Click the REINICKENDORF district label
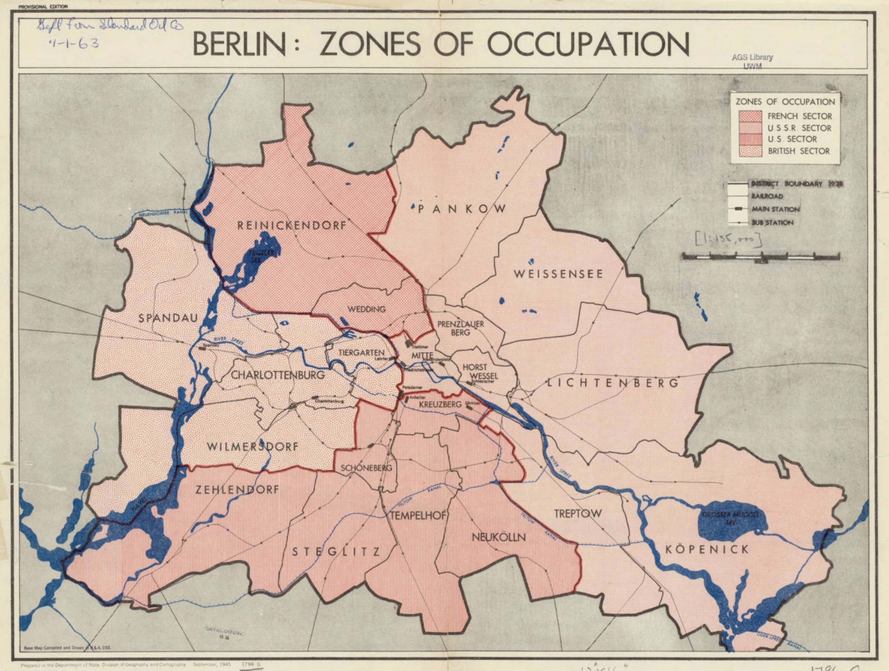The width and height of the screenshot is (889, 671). (x=291, y=225)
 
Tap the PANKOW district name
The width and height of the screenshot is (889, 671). (x=462, y=209)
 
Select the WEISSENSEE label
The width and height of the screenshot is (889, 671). (x=558, y=274)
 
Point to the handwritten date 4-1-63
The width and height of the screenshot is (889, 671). (x=73, y=43)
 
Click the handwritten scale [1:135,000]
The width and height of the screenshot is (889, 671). (x=728, y=240)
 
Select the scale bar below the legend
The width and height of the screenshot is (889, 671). (x=761, y=256)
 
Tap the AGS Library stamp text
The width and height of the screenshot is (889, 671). (x=752, y=58)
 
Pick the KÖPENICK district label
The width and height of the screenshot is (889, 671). (x=707, y=549)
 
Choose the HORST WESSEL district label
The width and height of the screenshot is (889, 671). (x=480, y=371)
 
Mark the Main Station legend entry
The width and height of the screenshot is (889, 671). (x=775, y=209)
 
